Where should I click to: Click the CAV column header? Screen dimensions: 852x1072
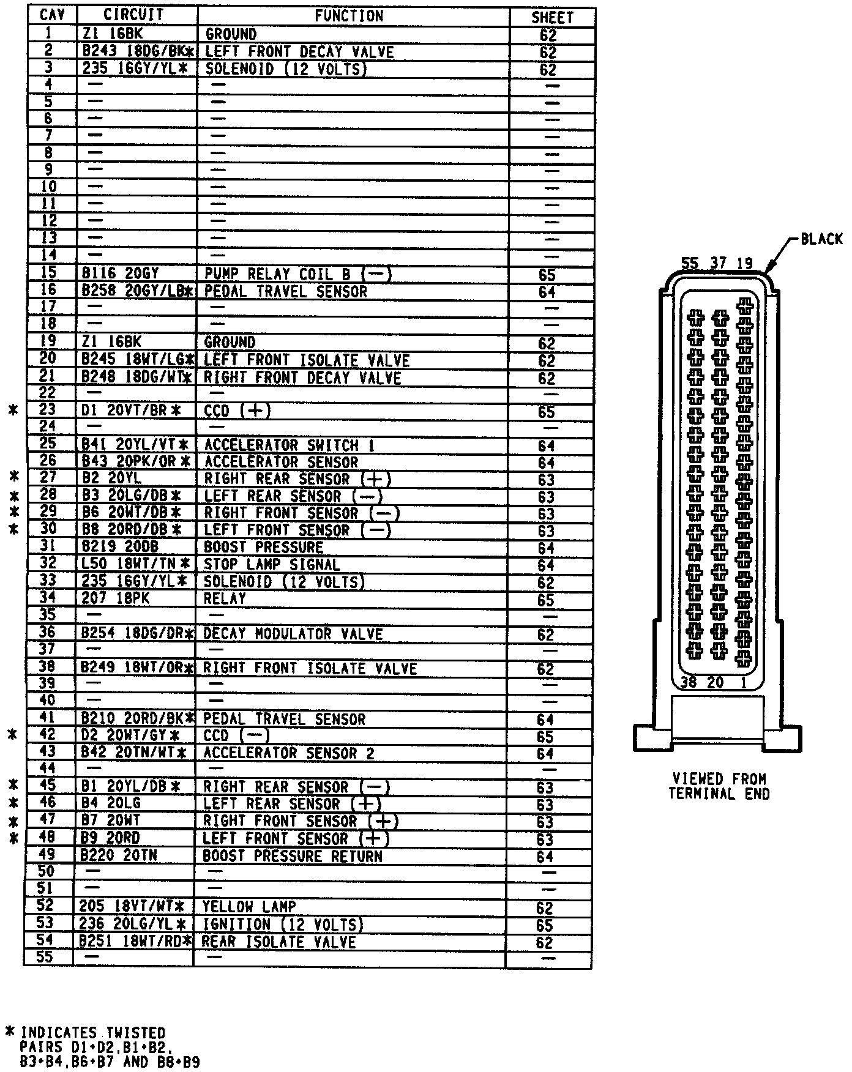tap(51, 15)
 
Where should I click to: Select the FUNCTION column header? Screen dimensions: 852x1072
tap(349, 15)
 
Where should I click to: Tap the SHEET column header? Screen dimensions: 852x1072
tap(551, 18)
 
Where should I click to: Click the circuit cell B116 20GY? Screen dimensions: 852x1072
tap(120, 274)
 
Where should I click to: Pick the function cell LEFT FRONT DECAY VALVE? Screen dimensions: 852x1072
tap(299, 51)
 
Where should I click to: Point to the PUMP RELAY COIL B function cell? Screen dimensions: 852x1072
tap(297, 274)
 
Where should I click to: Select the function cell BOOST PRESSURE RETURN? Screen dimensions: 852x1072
tap(293, 855)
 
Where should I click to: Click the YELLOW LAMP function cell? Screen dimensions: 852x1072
tap(249, 906)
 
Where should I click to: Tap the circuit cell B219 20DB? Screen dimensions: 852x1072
tap(119, 547)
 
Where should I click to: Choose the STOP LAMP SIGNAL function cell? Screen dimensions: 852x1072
tap(271, 564)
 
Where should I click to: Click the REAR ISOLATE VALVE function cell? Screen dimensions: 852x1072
tap(278, 941)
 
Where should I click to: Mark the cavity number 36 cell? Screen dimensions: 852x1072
tap(47, 632)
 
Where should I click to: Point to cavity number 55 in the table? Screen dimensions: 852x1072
tap(45, 956)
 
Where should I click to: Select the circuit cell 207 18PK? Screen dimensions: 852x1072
tap(115, 598)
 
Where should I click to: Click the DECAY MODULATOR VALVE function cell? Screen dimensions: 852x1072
tap(293, 633)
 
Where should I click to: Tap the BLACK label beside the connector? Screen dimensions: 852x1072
tap(821, 239)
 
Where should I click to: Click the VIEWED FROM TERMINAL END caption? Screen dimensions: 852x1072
tap(719, 786)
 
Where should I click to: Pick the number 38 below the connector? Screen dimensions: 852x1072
tap(689, 682)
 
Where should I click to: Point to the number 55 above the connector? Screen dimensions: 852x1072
tap(690, 263)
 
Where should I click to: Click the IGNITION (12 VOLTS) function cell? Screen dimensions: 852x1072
tap(282, 924)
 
